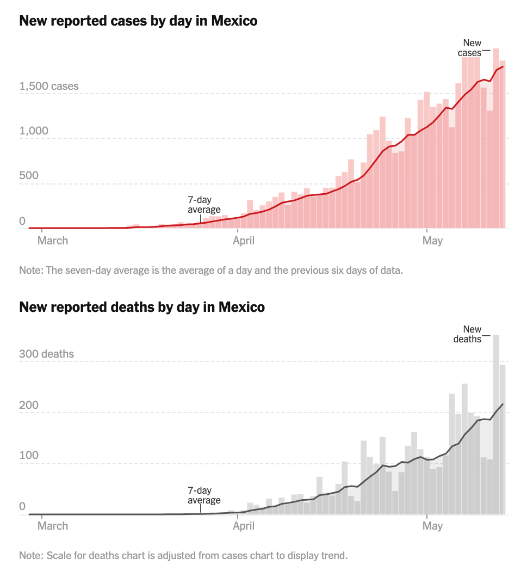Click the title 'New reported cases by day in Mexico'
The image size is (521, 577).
point(138,21)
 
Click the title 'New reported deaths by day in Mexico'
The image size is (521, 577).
point(142,307)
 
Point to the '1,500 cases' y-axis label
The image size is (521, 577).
point(49,87)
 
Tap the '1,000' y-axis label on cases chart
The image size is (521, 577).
point(33,131)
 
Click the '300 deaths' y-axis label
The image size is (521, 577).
point(46,354)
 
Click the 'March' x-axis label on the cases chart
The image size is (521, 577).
point(53,241)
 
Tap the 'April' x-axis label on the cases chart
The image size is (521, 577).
point(244,241)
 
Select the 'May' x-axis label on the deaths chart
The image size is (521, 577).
point(433,526)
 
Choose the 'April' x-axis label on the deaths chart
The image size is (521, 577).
point(244,526)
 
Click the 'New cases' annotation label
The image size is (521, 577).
point(471,48)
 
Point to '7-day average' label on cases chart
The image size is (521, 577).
point(204,205)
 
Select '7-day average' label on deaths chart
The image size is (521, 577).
point(204,495)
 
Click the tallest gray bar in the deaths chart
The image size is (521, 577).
point(496,425)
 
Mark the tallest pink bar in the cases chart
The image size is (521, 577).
point(496,139)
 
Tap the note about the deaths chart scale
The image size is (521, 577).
point(183,556)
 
